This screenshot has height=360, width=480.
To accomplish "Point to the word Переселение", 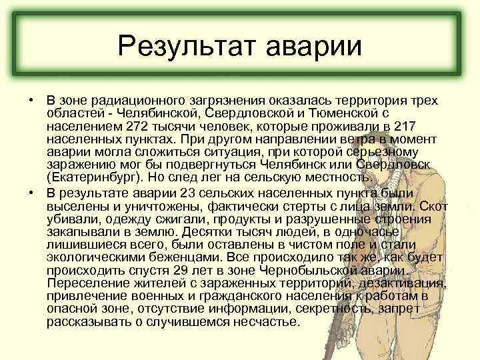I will click(86, 283).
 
